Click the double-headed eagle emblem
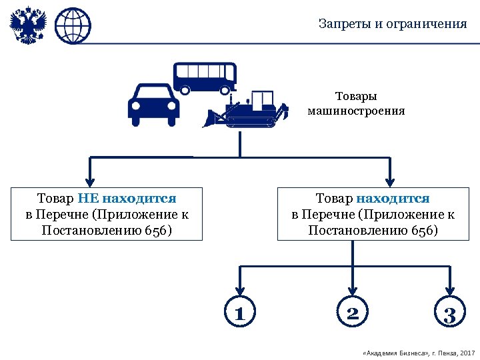point(27,27)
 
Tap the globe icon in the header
point(72,27)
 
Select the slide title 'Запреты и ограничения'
point(392,24)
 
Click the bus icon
point(205,78)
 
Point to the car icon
point(153,105)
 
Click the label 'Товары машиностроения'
point(356,104)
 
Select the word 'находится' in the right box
point(393,198)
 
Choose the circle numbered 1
point(240,313)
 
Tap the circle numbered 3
point(450,314)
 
